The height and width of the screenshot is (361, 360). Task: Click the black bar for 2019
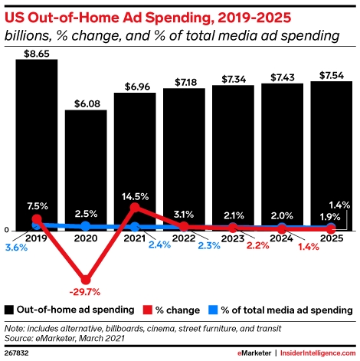(37, 138)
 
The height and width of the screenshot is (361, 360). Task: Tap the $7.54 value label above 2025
(332, 75)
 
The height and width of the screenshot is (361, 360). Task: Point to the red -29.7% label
(86, 291)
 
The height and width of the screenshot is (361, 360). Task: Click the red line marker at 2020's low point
(86, 278)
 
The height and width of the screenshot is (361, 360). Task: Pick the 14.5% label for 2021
(135, 196)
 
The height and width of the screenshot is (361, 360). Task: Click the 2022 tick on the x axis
(184, 238)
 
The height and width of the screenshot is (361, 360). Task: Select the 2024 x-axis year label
(283, 238)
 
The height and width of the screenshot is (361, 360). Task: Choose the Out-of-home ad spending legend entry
(74, 310)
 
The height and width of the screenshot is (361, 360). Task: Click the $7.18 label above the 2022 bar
(184, 81)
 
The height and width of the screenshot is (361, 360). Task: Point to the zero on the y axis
(7, 229)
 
